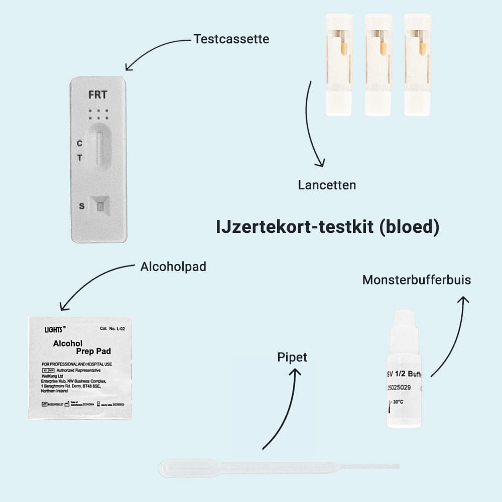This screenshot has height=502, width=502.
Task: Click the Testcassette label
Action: [x=231, y=39]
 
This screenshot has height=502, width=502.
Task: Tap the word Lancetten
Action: [x=327, y=185]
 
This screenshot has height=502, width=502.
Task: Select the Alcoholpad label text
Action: [x=173, y=267]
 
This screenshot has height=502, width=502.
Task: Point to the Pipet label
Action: [x=292, y=357]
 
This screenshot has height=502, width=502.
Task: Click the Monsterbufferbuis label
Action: [x=417, y=280]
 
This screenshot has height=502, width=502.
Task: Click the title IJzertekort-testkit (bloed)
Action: [x=327, y=227]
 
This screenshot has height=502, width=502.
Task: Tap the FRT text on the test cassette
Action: [x=97, y=94]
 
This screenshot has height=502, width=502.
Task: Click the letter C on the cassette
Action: [x=79, y=144]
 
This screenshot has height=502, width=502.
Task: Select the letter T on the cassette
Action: [x=79, y=158]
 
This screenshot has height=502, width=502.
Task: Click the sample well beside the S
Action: [x=101, y=206]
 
